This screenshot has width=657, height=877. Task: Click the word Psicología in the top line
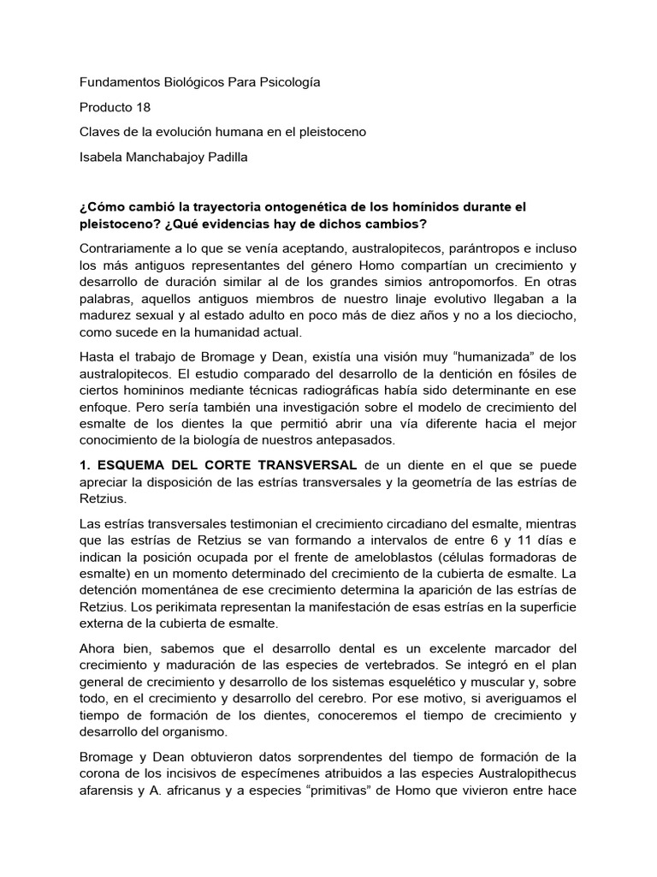pyautogui.click(x=288, y=83)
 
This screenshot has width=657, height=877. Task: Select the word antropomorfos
pyautogui.click(x=479, y=281)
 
